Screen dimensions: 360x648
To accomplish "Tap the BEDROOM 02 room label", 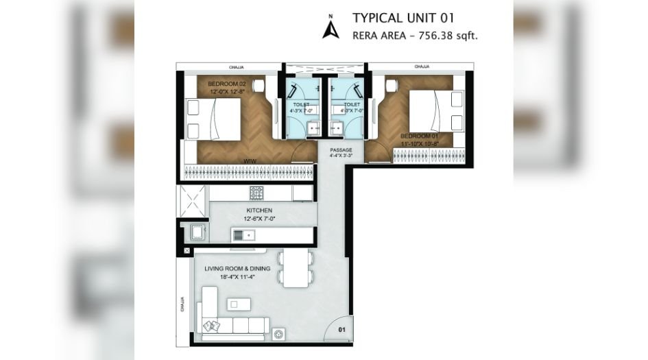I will (226, 84).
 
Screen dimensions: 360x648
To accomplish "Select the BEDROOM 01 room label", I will (420, 136).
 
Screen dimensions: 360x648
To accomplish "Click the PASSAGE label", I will (340, 149).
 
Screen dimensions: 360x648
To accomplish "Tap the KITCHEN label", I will (260, 210).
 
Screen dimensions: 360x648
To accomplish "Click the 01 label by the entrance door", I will (342, 331).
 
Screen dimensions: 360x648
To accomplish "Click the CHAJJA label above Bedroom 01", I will (422, 67).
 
